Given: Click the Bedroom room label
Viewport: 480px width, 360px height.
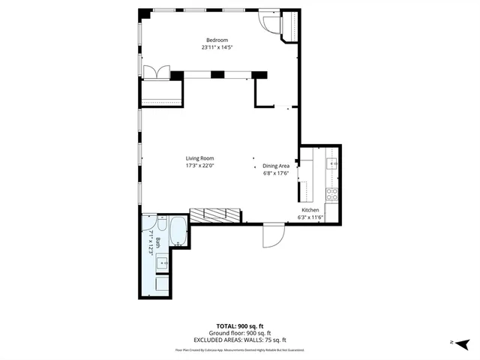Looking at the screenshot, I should [217, 40].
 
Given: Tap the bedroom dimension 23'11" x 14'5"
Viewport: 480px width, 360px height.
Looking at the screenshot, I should [217, 47].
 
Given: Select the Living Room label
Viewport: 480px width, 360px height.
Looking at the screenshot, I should [200, 158].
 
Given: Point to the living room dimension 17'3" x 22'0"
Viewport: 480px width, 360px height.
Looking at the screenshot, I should [200, 166].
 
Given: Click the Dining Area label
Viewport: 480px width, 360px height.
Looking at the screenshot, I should [276, 166].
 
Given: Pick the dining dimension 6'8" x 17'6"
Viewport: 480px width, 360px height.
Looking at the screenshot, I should [276, 173].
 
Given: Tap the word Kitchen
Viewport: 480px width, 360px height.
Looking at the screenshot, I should [310, 210].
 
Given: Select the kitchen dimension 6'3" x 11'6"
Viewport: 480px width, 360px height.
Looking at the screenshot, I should [310, 217].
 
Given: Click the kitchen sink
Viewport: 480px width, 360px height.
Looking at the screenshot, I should [333, 163].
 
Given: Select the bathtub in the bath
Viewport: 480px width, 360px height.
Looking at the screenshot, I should [178, 231].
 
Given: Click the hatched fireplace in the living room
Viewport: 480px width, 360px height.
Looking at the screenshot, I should [216, 215].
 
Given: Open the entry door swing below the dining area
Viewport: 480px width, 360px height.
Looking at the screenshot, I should [273, 235].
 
